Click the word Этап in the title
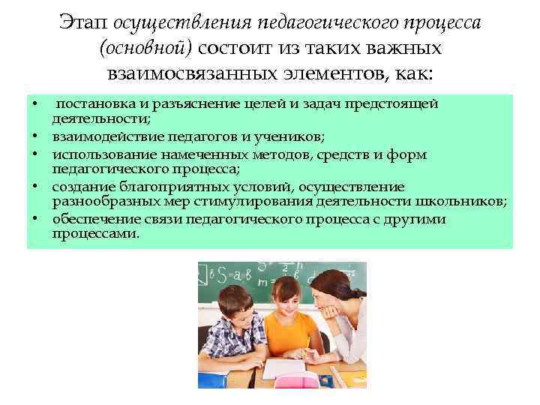[85, 23]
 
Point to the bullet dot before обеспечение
[35, 219]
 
